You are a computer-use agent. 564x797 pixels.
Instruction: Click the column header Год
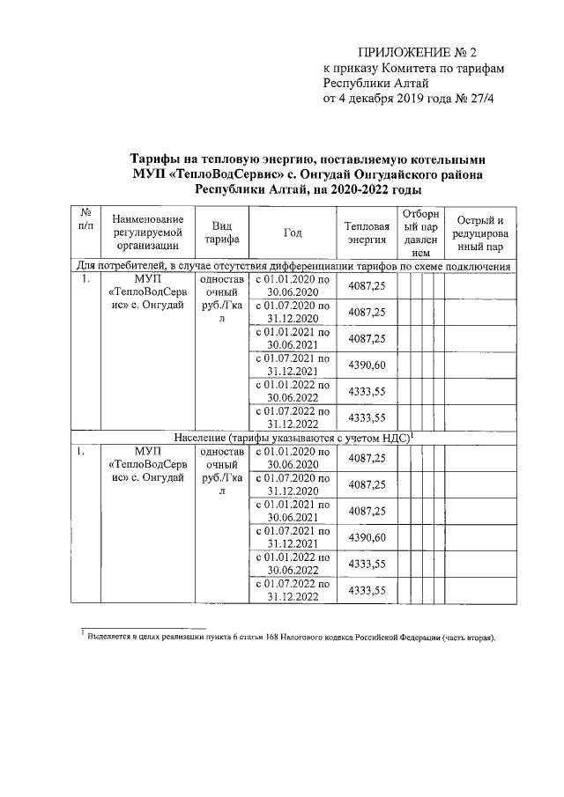point(293,232)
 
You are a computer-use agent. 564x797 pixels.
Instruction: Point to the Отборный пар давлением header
point(413,232)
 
